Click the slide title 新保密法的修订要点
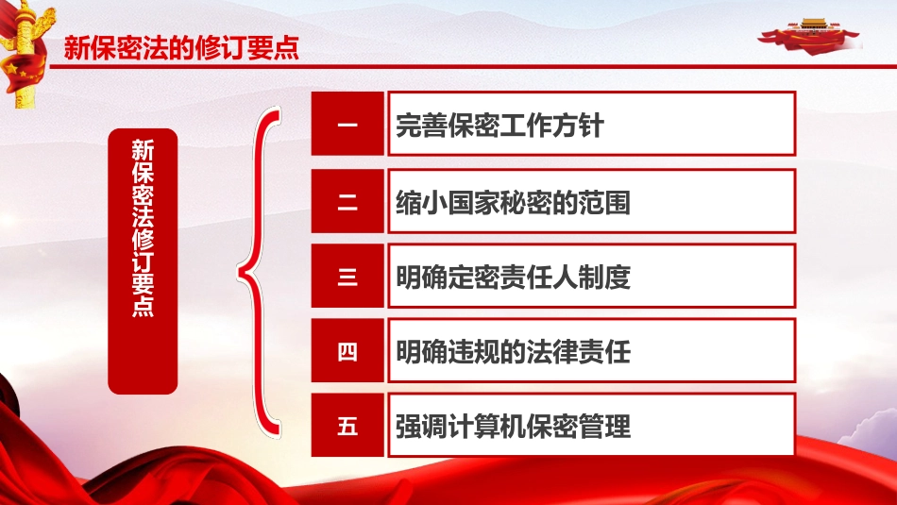181,49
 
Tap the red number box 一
347,124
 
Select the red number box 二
347,200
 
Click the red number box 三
347,277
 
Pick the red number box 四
347,353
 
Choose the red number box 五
347,427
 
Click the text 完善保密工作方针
499,126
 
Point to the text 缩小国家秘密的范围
513,202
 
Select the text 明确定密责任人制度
513,278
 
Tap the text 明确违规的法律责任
513,353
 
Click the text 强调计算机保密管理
513,428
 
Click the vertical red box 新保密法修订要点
143,261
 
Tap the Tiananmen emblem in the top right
811,33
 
